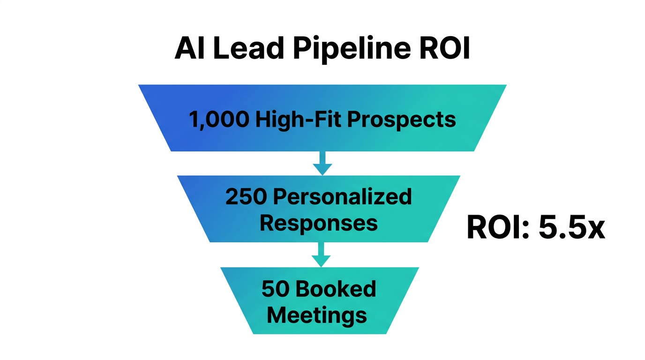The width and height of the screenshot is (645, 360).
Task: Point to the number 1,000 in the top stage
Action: (x=219, y=120)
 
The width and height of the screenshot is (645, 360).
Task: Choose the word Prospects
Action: (x=401, y=120)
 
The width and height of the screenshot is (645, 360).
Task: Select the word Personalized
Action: (x=342, y=197)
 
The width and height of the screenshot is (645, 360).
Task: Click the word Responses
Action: (x=319, y=223)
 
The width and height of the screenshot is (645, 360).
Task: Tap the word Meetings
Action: (x=317, y=315)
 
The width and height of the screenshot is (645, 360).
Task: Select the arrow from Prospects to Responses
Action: (x=322, y=163)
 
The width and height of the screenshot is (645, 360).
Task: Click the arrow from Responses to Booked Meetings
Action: (x=321, y=255)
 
